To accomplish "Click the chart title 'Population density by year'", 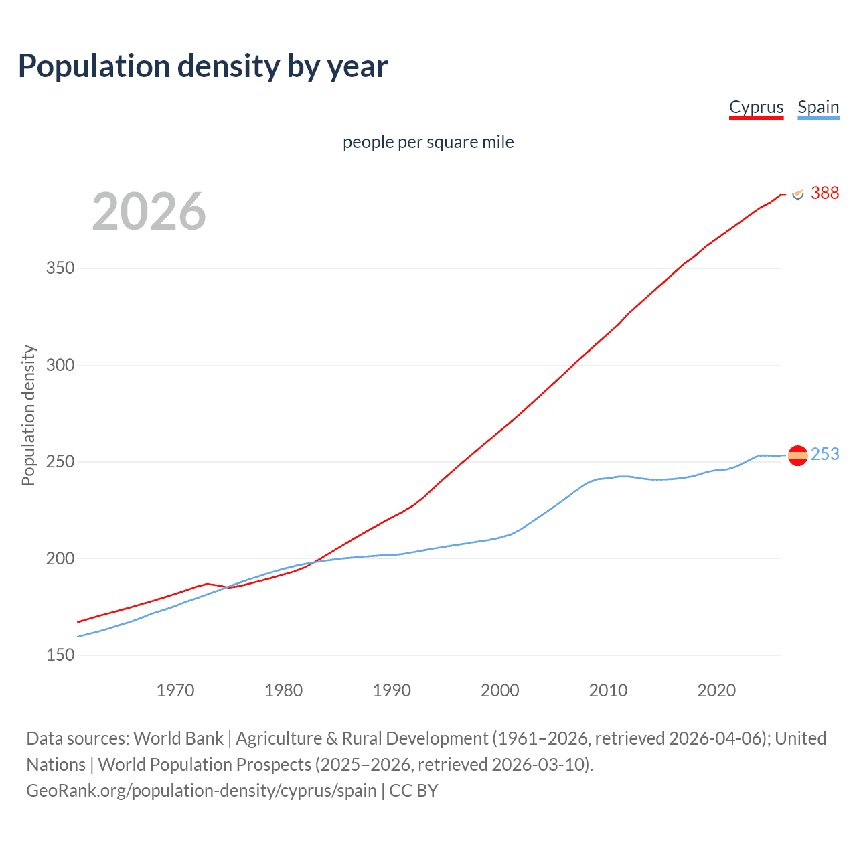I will tap(203, 66).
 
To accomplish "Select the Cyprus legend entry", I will tap(756, 107).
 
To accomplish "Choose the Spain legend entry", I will tap(818, 107).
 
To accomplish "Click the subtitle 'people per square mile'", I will tap(428, 142).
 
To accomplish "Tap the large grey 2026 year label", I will tap(149, 212).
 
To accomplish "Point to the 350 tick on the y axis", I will tap(60, 268).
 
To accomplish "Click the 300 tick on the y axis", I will tap(60, 366).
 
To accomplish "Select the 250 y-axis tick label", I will tap(60, 462).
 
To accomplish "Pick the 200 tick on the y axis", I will tap(60, 558).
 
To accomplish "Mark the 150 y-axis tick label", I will tap(60, 655).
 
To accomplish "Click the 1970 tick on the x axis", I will tap(175, 690).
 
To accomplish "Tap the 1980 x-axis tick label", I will tap(284, 690).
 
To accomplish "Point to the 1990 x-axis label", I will tap(392, 690).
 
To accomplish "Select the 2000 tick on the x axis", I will tap(500, 690).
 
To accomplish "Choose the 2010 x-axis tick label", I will tap(608, 690).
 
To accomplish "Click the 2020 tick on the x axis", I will tap(716, 690).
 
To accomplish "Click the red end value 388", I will tap(824, 193).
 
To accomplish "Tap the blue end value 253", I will tap(824, 454).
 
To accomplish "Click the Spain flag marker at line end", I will tap(797, 456).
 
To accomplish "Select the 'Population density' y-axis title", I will tap(28, 415).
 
